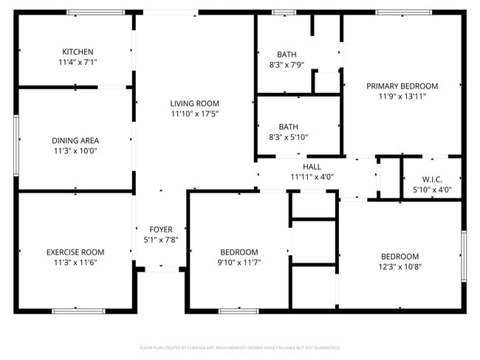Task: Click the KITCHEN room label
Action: tap(78, 52)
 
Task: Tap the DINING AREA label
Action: tap(75, 140)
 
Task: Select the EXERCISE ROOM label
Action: tap(75, 252)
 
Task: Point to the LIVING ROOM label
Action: tap(194, 103)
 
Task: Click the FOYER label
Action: tap(161, 229)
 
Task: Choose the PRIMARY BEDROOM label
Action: tap(402, 86)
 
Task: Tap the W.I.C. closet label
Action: tap(432, 179)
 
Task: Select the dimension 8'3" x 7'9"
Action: tap(287, 65)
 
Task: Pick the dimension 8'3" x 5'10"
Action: tap(287, 136)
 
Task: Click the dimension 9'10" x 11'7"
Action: tap(239, 262)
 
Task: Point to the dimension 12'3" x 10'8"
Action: tap(400, 266)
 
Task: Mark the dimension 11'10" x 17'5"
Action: tap(194, 114)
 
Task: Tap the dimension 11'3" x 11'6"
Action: tap(75, 262)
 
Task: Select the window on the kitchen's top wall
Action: tap(95, 13)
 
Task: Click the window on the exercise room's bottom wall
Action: tap(78, 311)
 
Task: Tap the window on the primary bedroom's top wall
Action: tap(403, 13)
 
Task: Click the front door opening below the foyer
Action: tap(161, 269)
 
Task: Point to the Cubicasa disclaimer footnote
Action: tap(239, 347)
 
